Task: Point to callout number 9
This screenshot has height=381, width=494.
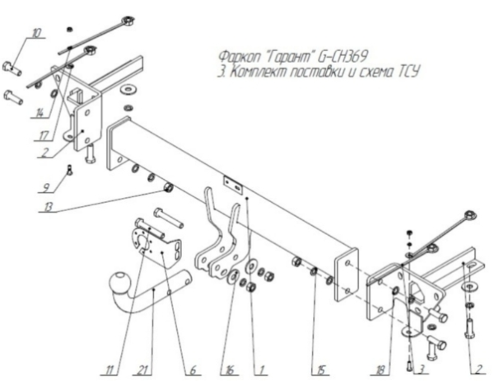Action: tap(48, 187)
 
